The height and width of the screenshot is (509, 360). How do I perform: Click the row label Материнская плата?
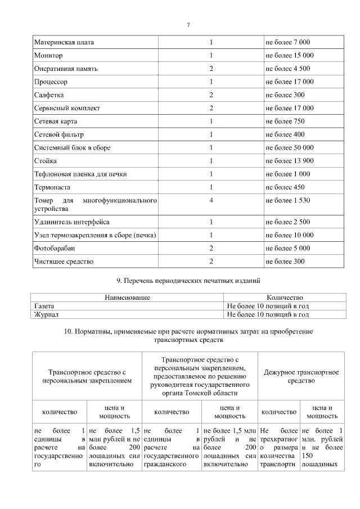point(64,43)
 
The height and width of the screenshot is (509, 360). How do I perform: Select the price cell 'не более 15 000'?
point(289,56)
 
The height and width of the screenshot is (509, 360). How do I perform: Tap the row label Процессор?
point(51,82)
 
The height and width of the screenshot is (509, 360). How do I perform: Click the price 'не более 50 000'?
point(289,147)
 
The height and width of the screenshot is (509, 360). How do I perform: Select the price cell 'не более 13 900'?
point(289,161)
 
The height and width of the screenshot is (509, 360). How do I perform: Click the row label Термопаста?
point(53,187)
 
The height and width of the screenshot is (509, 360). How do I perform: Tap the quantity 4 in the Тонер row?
point(211,200)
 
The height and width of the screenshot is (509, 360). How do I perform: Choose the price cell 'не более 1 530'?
point(287,200)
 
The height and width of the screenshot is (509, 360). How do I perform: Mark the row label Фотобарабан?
point(55,248)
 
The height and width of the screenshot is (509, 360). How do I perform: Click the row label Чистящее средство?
point(64,262)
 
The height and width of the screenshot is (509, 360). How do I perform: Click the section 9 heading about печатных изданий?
point(188,280)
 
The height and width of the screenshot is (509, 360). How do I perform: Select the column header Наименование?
point(128,297)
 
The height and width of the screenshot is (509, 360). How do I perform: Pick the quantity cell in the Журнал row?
point(268,315)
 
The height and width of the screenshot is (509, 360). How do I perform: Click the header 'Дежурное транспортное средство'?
point(301,376)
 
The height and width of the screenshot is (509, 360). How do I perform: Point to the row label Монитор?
point(48,56)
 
